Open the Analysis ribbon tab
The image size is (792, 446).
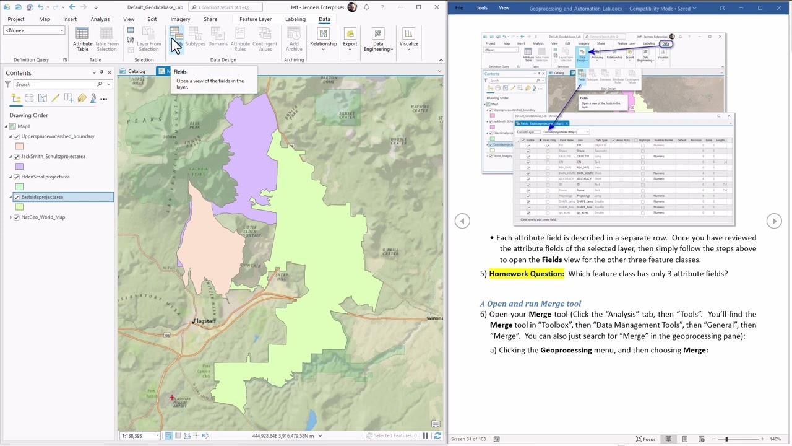tap(100, 19)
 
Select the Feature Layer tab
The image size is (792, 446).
tap(255, 19)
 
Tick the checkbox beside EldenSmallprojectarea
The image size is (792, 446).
tap(17, 177)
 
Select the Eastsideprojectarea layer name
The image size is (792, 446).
tap(42, 197)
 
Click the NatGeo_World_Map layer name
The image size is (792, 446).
tap(43, 217)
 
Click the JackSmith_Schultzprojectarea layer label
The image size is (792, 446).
tap(53, 157)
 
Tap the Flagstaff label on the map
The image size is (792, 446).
tap(204, 321)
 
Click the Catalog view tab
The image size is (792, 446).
tap(136, 71)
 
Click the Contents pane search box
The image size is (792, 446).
tap(56, 84)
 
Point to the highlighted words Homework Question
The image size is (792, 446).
tap(527, 274)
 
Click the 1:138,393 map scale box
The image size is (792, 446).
tap(137, 435)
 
